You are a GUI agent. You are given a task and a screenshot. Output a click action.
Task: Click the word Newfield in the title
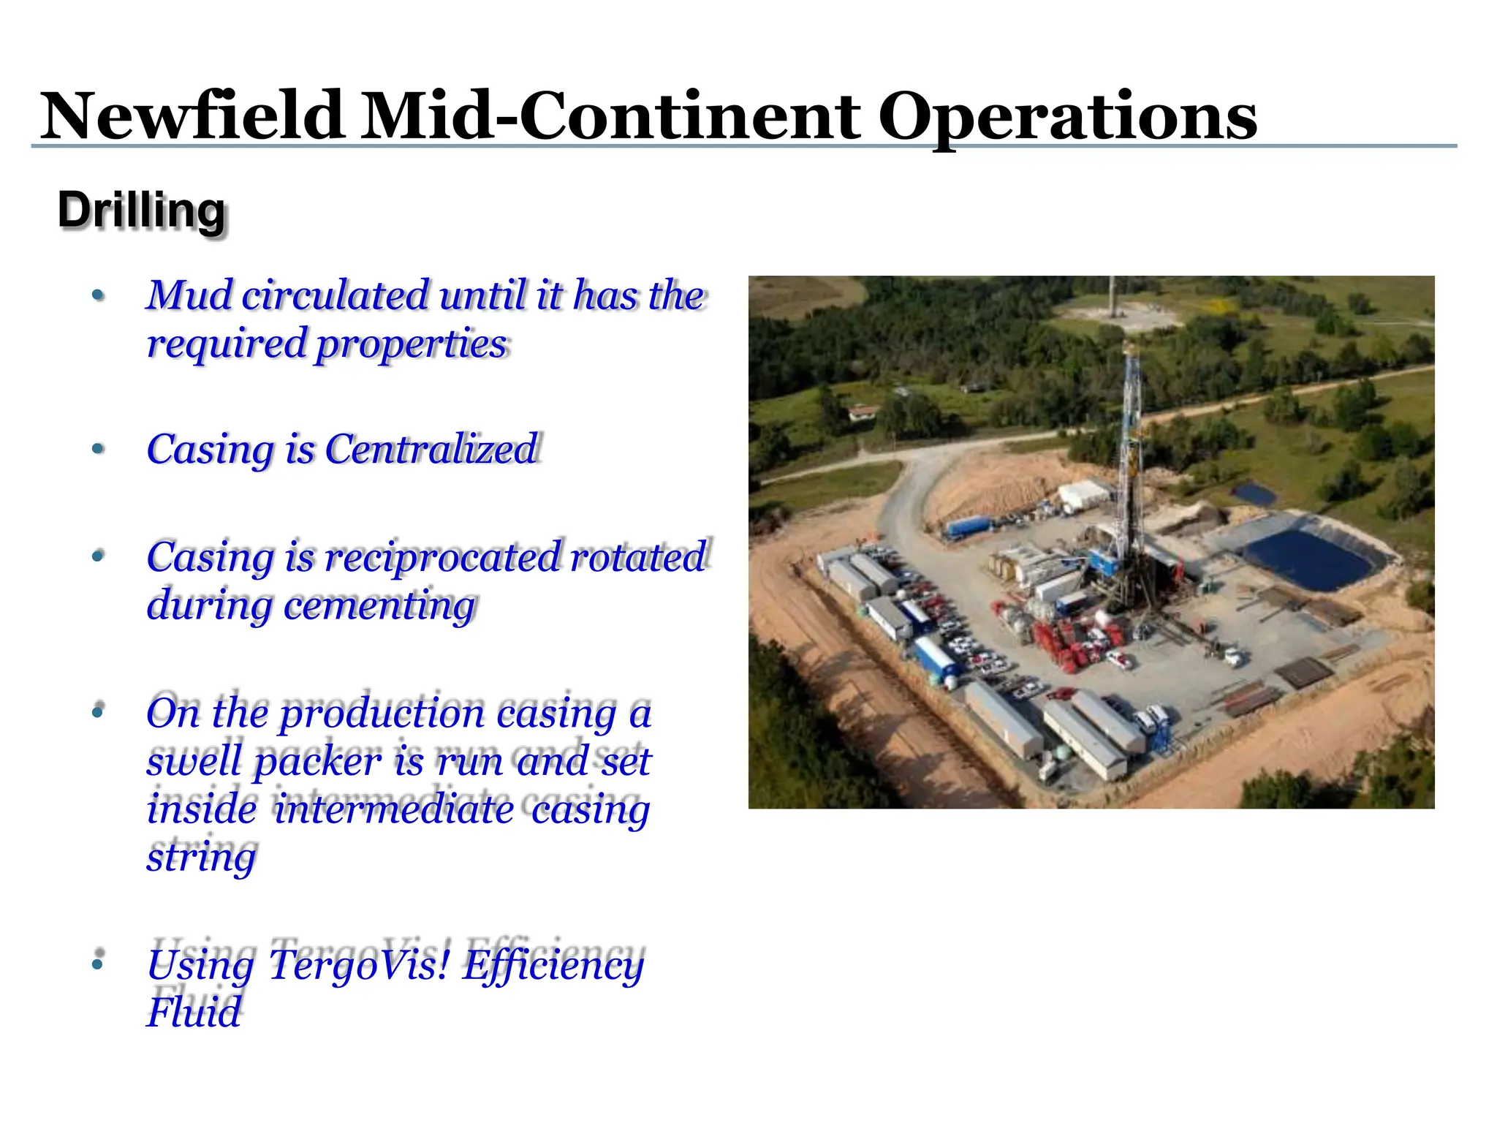[192, 116]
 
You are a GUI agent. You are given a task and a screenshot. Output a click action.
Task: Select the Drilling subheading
[142, 211]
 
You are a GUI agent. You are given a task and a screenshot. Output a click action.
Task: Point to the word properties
[410, 344]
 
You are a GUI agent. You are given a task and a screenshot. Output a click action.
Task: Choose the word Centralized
[431, 449]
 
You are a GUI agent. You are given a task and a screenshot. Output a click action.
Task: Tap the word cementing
[379, 606]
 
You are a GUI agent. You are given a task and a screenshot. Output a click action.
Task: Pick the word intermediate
[395, 809]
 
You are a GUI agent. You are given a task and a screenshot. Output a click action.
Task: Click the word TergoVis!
[359, 965]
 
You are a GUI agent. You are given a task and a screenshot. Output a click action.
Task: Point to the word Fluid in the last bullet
[194, 1013]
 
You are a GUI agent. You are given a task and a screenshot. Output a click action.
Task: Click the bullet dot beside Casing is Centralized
[98, 448]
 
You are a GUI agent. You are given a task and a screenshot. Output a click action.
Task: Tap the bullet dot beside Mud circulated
[98, 296]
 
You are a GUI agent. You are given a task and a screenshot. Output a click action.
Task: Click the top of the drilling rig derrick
[1130, 348]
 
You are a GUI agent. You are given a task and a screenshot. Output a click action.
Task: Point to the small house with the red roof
[863, 411]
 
